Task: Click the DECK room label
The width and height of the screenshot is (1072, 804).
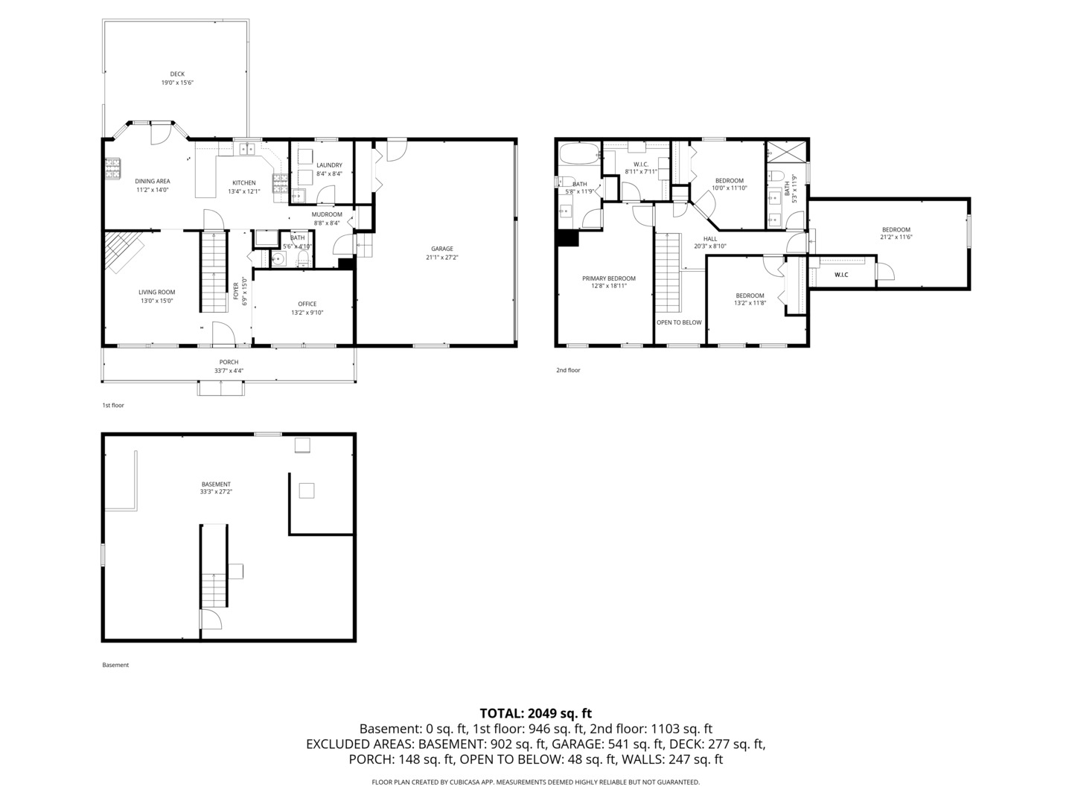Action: pos(177,74)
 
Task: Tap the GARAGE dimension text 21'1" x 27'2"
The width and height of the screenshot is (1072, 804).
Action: pos(441,258)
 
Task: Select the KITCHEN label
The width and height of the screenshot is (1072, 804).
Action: pos(243,182)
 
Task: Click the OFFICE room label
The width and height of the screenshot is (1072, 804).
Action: pos(307,304)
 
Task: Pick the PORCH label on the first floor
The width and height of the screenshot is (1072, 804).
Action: pos(229,362)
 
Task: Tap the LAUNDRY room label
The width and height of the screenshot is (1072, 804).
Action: pos(329,165)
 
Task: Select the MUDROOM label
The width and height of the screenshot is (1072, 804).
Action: pos(327,214)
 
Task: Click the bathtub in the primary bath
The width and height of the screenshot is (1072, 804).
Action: pos(578,154)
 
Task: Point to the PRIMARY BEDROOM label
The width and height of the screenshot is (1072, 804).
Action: pos(608,278)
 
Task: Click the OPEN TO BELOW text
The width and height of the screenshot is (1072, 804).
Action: pos(679,322)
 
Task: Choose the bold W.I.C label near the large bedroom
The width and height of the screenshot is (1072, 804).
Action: pos(841,275)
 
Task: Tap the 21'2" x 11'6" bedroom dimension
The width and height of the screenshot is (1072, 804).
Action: pos(896,237)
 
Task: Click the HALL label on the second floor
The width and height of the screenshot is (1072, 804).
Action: pos(710,238)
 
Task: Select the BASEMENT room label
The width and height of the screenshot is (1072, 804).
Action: pos(216,484)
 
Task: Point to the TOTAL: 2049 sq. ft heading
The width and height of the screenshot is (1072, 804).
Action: pos(535,713)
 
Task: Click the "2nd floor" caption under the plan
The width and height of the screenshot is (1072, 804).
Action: pos(567,370)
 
